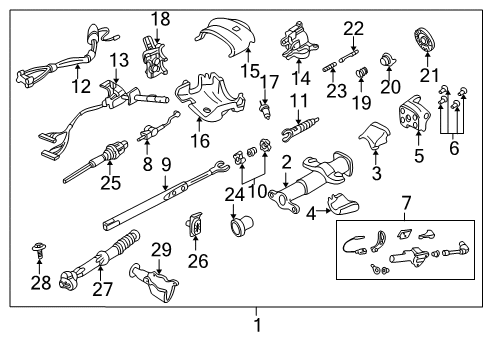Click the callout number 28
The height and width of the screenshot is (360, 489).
(39, 284)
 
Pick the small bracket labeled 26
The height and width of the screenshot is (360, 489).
(197, 240)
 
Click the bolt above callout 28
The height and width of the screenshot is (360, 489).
(39, 254)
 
